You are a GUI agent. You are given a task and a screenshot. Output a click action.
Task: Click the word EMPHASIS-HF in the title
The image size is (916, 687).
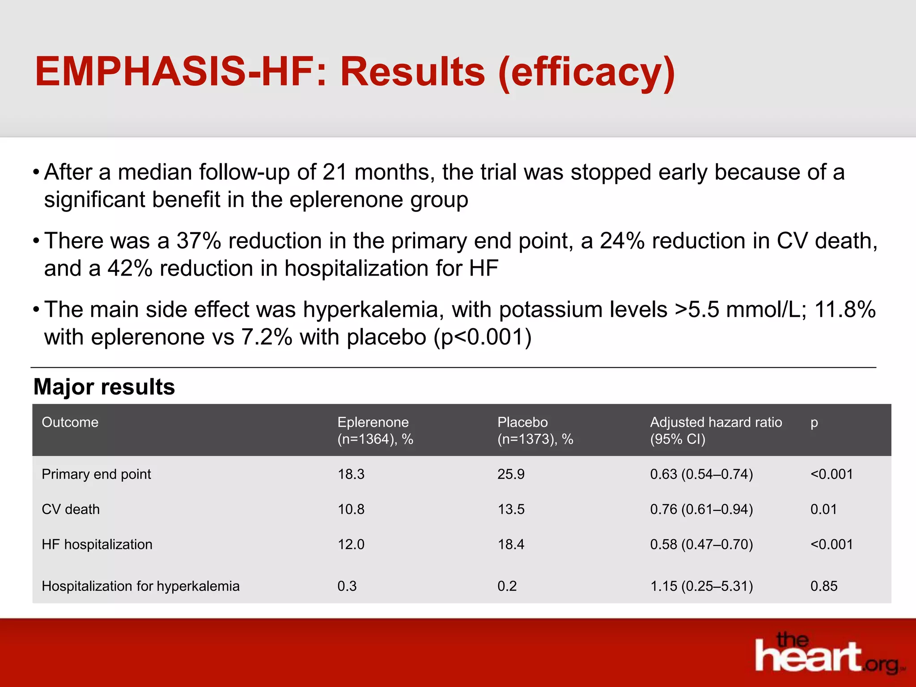tap(174, 72)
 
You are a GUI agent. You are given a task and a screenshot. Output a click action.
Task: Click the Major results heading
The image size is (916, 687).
tap(104, 387)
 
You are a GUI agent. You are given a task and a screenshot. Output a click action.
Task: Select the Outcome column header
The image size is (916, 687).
tap(70, 422)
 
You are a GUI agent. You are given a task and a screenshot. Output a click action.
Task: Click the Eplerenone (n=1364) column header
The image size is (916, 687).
tap(375, 430)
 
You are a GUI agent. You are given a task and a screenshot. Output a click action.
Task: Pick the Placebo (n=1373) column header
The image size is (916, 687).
tap(535, 430)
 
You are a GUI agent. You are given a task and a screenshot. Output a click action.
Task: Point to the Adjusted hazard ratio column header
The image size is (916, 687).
tap(716, 430)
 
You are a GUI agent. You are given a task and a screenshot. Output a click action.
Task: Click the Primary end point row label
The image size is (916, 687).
tap(96, 474)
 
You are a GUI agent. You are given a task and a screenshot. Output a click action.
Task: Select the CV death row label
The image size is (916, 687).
tap(71, 509)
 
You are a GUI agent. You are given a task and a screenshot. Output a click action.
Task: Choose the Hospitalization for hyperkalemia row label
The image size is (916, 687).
tap(140, 586)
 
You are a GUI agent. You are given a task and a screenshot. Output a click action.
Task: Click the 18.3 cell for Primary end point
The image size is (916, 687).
tap(351, 474)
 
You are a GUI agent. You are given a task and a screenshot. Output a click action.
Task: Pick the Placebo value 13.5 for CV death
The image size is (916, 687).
tap(511, 509)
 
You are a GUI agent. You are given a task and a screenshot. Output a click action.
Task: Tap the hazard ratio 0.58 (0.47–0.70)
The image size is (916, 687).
tap(701, 544)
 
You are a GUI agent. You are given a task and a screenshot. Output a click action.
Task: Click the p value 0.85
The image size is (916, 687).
tap(823, 586)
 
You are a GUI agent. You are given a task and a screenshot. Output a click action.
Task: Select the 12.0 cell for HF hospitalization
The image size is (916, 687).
tap(351, 544)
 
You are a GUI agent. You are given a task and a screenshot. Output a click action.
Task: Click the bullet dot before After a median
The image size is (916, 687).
tap(36, 173)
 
